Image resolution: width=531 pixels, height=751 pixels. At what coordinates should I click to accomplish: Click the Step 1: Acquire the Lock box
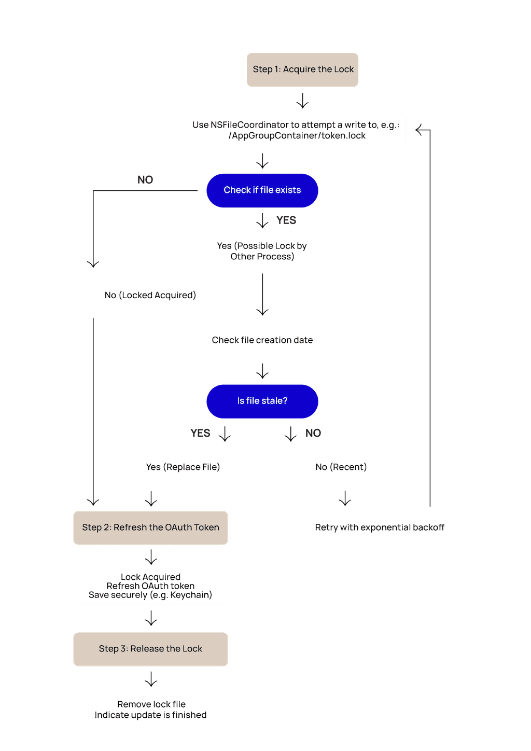303,69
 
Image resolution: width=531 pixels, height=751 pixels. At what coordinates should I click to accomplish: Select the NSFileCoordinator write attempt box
295,130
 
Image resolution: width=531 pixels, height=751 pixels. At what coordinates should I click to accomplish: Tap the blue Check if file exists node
262,190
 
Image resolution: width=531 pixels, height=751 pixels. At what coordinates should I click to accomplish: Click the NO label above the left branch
145,180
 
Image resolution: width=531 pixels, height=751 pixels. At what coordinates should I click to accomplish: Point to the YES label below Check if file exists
286,220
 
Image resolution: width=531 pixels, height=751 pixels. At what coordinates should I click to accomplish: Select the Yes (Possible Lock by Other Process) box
262,251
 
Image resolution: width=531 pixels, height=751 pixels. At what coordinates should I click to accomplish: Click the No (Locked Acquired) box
150,296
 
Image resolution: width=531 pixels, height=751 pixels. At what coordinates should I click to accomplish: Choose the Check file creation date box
262,340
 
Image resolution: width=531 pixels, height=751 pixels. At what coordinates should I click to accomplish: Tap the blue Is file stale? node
262,401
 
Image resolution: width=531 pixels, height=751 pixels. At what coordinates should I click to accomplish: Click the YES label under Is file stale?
201,433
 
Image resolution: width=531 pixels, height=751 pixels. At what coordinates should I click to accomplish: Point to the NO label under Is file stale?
313,433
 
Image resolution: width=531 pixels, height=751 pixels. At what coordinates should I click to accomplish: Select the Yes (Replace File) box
183,467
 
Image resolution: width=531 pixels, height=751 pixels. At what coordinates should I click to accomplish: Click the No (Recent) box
341,467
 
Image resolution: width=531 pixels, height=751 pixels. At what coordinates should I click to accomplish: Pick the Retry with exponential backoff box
380,527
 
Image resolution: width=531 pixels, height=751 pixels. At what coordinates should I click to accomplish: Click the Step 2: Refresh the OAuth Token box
150,527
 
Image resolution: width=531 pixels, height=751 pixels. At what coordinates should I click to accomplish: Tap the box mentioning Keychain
150,587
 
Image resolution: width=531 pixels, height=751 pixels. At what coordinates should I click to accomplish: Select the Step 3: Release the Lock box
150,649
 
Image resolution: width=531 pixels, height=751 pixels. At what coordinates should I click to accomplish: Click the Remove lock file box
150,710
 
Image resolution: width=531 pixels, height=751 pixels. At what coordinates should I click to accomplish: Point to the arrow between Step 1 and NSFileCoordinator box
303,101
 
